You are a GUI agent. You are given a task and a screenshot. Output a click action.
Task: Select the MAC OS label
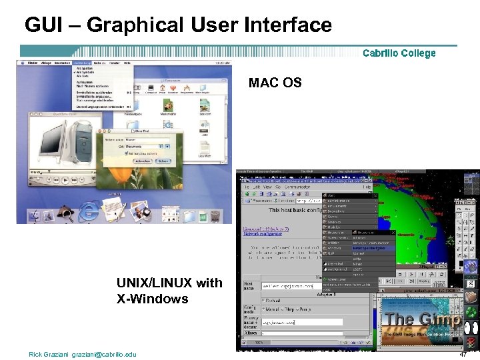pos(275,83)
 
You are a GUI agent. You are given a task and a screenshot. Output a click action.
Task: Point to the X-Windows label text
pos(153,299)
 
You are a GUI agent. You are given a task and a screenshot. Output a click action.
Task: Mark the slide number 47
pos(463,354)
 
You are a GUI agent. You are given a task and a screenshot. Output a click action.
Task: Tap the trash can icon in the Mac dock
pos(215,215)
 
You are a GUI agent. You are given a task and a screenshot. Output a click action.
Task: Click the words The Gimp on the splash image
pos(423,319)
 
